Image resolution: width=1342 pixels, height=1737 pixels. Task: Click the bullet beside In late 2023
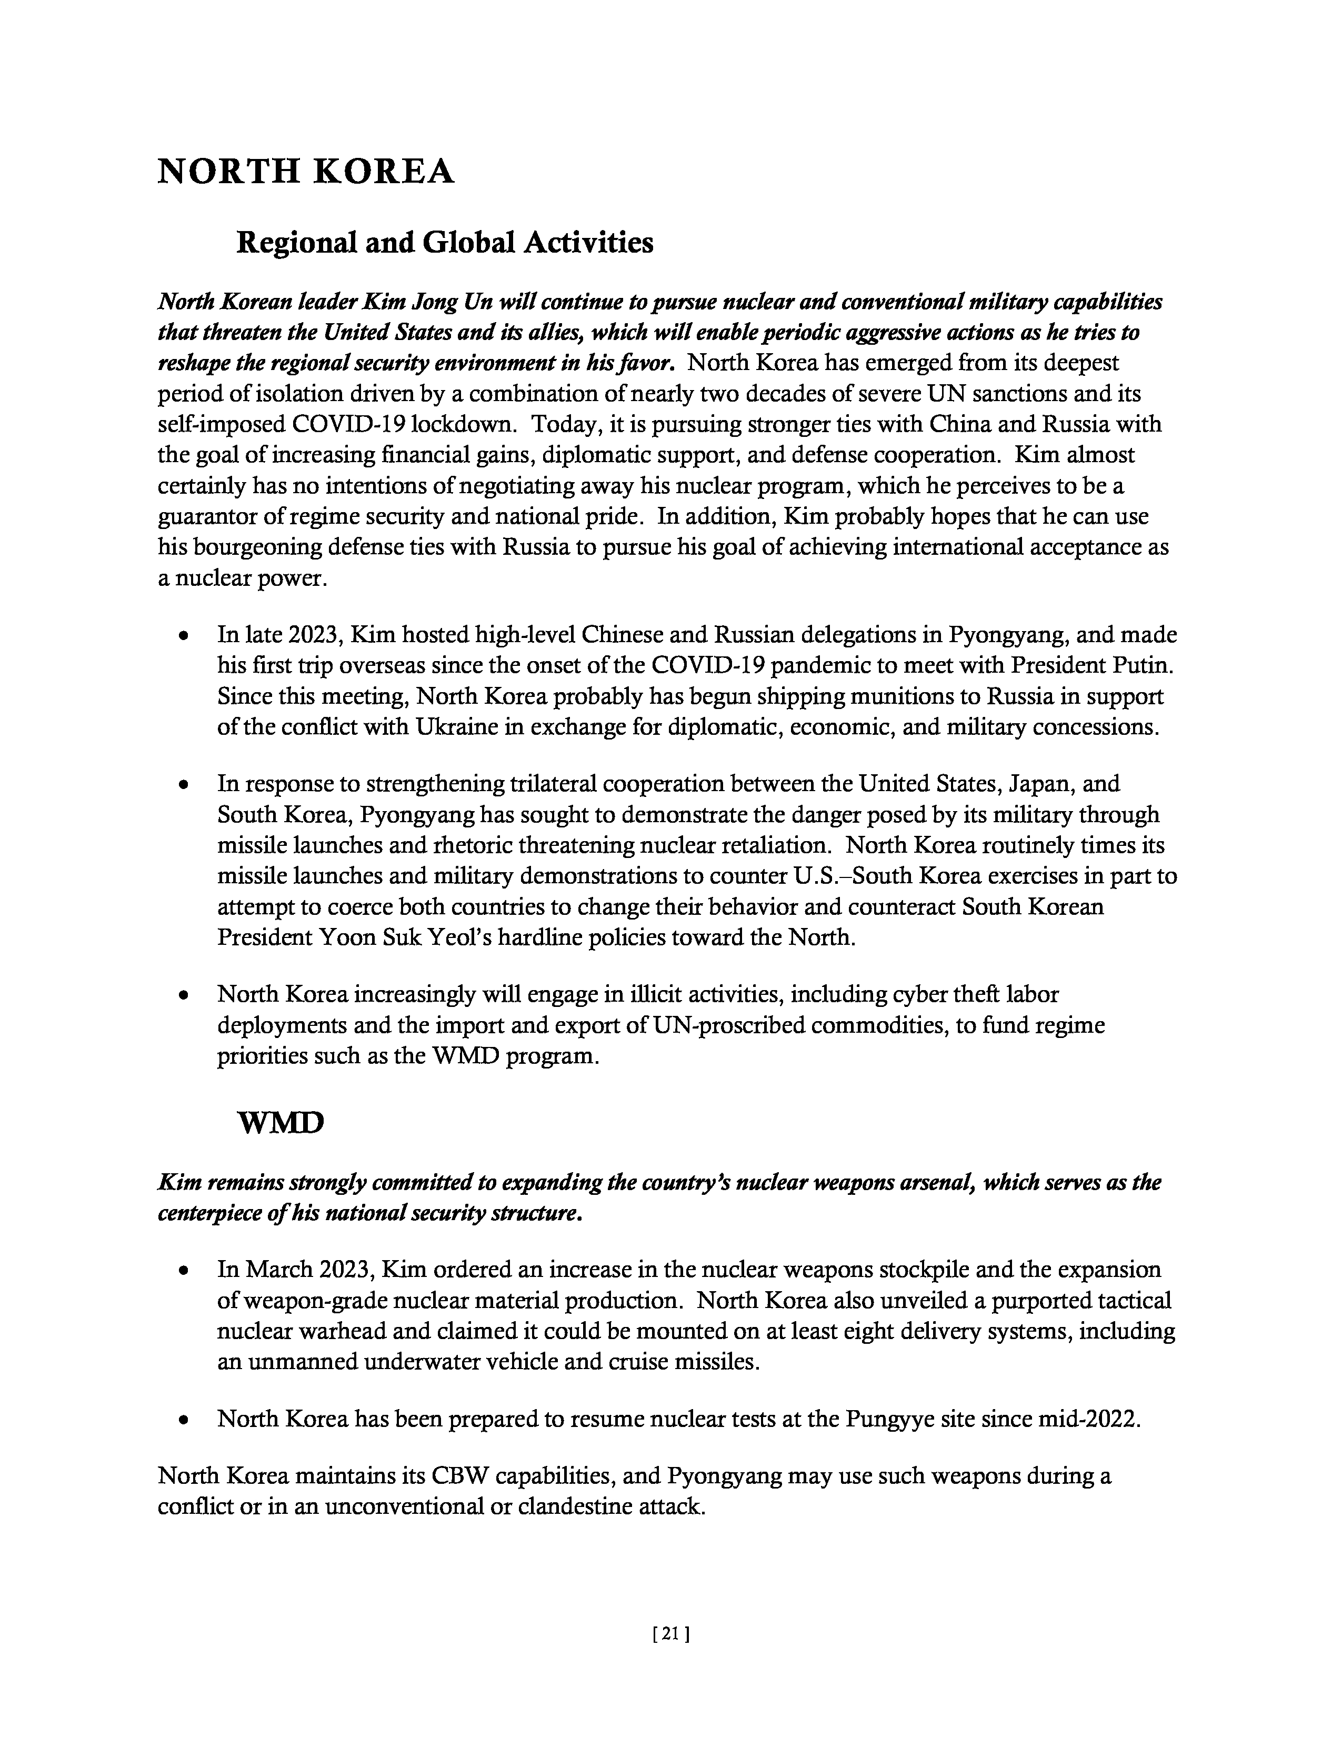pyautogui.click(x=184, y=636)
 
